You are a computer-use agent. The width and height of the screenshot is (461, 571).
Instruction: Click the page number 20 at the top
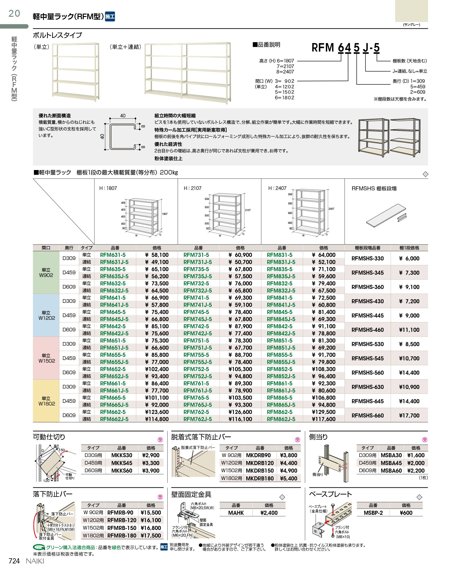click(x=14, y=13)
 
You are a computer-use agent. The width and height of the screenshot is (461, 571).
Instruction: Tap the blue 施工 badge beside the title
click(x=110, y=17)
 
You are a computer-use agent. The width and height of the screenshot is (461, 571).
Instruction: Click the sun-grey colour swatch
click(x=411, y=11)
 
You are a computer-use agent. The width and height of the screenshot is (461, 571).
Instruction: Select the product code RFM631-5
click(x=113, y=255)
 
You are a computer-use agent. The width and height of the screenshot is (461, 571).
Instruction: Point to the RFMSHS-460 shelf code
click(x=368, y=330)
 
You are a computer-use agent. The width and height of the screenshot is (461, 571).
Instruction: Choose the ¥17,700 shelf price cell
click(x=409, y=415)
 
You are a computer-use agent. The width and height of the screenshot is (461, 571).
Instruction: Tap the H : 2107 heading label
click(x=192, y=188)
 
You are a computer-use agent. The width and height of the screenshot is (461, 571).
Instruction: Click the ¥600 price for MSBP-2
click(x=406, y=513)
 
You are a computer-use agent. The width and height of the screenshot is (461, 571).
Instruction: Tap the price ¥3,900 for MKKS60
click(x=151, y=471)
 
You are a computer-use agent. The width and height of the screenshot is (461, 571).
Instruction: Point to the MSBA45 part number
click(x=391, y=463)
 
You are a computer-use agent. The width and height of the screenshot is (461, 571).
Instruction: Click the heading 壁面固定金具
click(x=191, y=494)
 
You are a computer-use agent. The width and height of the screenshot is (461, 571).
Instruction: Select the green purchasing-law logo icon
click(x=39, y=547)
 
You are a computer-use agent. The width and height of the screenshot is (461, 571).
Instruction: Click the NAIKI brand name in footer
click(x=35, y=561)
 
